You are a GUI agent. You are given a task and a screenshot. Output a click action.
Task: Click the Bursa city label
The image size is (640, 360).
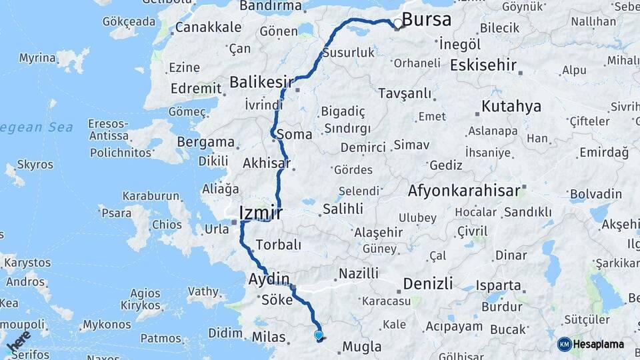427,19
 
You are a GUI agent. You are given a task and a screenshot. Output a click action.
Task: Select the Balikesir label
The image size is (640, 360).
261,81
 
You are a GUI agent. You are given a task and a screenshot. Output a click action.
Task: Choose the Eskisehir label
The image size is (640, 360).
483,65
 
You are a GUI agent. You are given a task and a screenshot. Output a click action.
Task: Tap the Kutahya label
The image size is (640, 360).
511,106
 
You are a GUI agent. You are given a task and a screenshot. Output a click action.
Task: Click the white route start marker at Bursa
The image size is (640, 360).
398,24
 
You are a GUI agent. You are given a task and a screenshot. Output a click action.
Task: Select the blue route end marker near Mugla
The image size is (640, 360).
319,335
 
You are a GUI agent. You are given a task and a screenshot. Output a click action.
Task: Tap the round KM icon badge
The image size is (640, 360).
565,345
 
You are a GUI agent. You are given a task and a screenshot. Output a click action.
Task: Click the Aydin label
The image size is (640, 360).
269,278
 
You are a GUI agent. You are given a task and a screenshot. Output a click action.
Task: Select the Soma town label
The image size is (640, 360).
294,134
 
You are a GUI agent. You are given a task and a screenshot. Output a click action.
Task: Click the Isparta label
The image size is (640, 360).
498,285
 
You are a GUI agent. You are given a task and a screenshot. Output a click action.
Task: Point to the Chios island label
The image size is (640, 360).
166,225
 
